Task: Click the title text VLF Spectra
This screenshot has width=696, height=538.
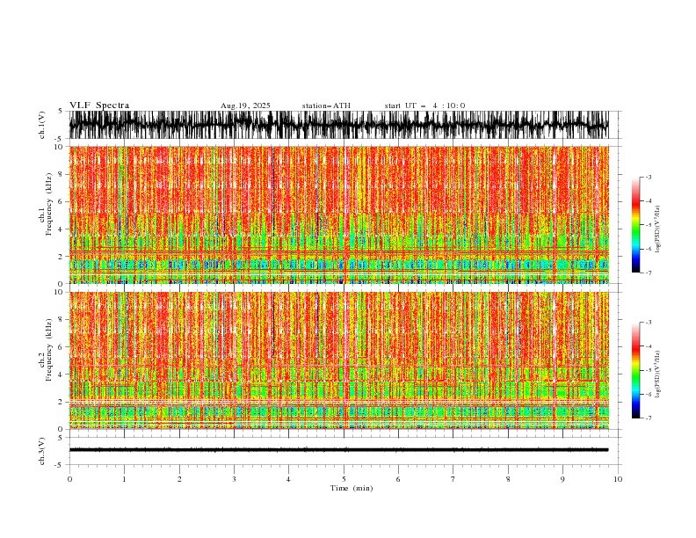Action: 99,105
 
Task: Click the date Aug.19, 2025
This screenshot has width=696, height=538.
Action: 245,106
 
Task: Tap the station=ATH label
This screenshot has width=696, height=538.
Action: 326,106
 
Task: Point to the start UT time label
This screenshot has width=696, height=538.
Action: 424,106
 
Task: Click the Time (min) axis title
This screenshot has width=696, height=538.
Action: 344,488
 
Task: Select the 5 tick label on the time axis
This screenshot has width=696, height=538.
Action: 344,479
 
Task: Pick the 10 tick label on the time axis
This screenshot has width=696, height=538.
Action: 618,479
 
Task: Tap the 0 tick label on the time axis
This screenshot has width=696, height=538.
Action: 69,479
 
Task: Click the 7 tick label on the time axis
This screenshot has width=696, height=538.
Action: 453,479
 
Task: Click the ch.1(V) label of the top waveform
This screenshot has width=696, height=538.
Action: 41,126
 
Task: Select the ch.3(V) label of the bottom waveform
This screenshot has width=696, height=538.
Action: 41,450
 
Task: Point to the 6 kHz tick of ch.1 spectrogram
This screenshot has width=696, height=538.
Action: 60,201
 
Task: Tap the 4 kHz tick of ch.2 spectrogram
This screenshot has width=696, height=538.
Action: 60,374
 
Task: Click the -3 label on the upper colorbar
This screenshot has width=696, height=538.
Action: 648,178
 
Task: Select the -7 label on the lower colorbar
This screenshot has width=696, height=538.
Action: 648,418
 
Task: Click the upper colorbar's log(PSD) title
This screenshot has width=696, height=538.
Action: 657,225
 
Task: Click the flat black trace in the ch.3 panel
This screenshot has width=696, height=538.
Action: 343,449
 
